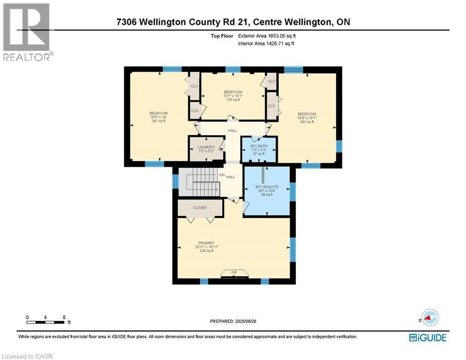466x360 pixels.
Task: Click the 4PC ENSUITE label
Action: pos(266,187)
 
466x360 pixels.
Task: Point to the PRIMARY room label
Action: pos(205,243)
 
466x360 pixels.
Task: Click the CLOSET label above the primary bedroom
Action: pos(200,208)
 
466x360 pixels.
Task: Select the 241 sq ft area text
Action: pos(158,121)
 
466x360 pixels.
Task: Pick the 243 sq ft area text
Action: pos(307,122)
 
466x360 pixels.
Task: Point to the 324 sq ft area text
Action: pos(205,251)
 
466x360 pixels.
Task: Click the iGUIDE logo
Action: pos(427,337)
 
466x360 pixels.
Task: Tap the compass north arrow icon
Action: pos(429,317)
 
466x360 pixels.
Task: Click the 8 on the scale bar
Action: pos(64,317)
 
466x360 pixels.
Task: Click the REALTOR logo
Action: pos(27,32)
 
